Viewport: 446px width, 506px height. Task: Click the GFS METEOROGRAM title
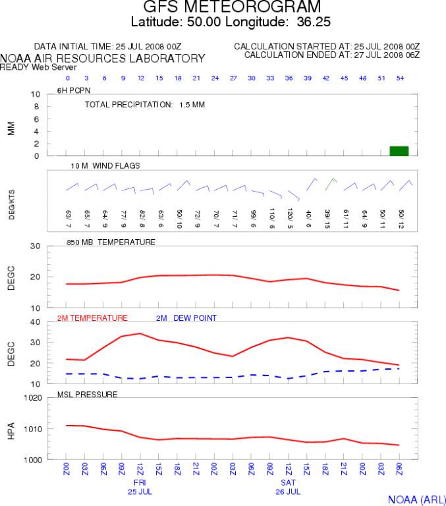(x=233, y=8)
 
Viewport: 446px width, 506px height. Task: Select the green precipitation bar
(x=399, y=151)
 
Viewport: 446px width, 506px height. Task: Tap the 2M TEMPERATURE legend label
(x=92, y=318)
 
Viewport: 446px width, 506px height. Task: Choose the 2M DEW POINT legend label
(x=186, y=318)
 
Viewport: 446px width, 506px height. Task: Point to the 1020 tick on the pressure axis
(x=32, y=398)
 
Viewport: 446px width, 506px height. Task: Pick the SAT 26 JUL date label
(x=289, y=487)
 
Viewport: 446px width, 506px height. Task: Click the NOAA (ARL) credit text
(x=413, y=499)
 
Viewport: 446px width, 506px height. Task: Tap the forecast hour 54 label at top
(x=401, y=79)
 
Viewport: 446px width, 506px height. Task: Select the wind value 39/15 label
(x=327, y=217)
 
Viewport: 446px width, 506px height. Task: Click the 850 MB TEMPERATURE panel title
(x=111, y=242)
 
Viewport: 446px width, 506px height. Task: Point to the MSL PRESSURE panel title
(x=88, y=395)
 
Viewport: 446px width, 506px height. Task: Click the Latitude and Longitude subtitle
(x=231, y=22)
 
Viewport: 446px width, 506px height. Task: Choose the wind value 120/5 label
(x=290, y=216)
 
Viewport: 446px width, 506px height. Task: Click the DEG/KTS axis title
(x=12, y=201)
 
